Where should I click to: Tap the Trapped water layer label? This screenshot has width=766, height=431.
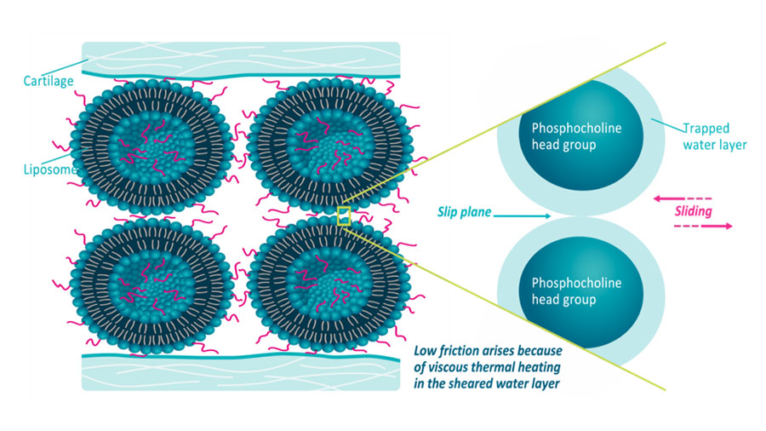pyautogui.click(x=714, y=136)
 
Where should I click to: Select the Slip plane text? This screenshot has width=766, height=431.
pyautogui.click(x=465, y=212)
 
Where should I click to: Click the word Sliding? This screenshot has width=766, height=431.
pyautogui.click(x=693, y=210)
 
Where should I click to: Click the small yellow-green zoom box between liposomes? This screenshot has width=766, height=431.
pyautogui.click(x=344, y=215)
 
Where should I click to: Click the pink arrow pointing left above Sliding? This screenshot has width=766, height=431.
pyautogui.click(x=681, y=196)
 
